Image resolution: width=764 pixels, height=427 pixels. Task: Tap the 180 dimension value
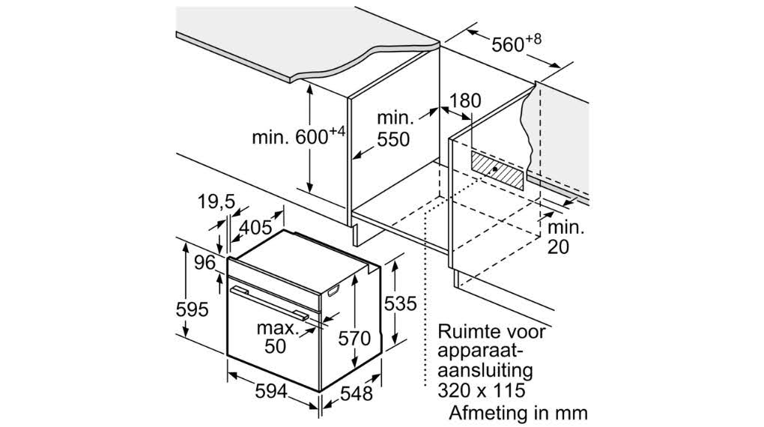(465, 100)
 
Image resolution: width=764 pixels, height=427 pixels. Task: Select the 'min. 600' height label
(298, 136)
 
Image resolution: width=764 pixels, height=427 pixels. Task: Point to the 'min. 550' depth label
(394, 129)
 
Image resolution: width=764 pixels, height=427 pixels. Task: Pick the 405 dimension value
(256, 227)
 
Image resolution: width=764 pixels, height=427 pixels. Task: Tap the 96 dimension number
(204, 263)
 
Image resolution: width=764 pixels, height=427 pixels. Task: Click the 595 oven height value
(192, 309)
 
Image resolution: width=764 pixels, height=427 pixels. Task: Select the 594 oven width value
(270, 391)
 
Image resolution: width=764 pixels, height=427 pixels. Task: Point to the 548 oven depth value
(357, 393)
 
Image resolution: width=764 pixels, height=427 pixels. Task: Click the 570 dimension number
(354, 339)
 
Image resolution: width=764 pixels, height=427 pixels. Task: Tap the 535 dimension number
(401, 303)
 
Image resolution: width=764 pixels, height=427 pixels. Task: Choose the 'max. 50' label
(278, 337)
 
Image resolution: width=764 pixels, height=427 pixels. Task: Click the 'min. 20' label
(566, 237)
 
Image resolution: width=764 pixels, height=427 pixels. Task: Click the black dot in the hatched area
(495, 169)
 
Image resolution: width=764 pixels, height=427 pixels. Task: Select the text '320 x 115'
(482, 390)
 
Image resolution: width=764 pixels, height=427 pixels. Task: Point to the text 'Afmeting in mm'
(518, 413)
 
